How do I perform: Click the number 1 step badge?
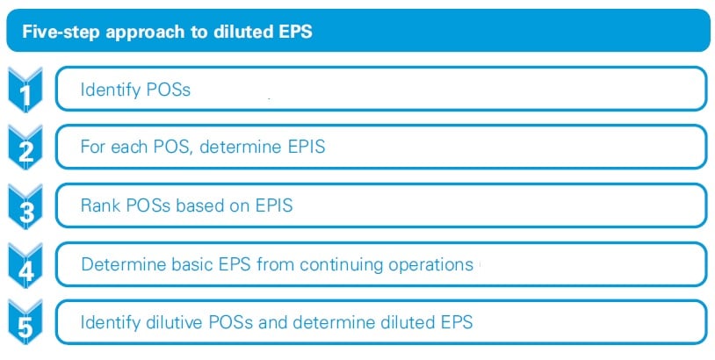point(27,91)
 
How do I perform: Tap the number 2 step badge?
point(27,148)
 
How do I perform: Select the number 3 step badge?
point(27,207)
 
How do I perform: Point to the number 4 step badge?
point(27,265)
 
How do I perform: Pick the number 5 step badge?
point(27,324)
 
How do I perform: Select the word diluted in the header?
point(236,32)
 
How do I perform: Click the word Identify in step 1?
point(109,90)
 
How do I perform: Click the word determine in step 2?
point(236,148)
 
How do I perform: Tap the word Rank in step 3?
point(98,206)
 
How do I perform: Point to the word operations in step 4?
point(430,264)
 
